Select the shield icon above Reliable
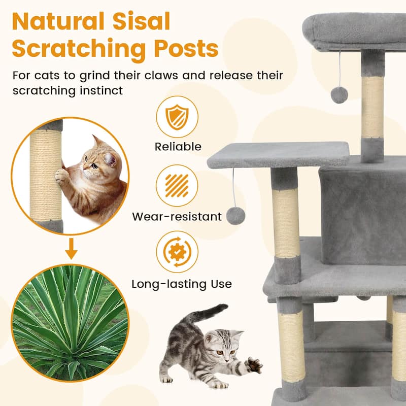(x=178, y=117)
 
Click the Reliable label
(x=178, y=147)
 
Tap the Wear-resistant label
(x=177, y=217)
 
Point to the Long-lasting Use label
(x=182, y=284)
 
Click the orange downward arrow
(x=72, y=250)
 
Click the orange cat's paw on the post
(x=62, y=175)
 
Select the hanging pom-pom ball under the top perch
(x=339, y=94)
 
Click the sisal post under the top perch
(x=373, y=107)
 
